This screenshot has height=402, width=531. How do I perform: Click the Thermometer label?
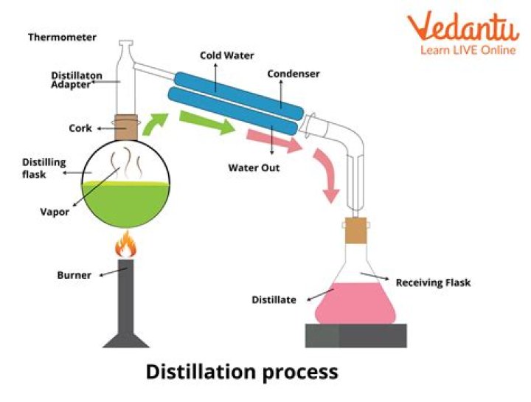62,37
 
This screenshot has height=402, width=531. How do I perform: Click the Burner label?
74,275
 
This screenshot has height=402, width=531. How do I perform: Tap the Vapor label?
55,212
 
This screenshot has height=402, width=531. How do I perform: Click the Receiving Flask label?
433,282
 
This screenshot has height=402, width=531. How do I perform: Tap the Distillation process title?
241,371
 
